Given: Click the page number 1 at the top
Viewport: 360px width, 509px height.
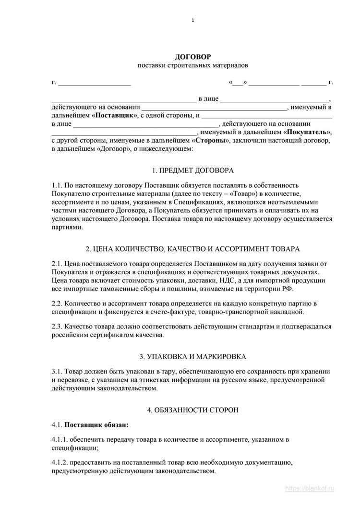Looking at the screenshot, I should (192, 20).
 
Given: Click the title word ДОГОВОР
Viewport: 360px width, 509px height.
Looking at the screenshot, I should (192, 57).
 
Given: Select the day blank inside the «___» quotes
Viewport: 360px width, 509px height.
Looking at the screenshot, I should (238, 82).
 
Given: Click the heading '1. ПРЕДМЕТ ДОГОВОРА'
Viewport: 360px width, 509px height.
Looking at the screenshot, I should (192, 170).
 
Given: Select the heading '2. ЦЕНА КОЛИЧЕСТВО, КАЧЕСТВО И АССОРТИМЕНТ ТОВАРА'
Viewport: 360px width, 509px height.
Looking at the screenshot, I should (192, 249).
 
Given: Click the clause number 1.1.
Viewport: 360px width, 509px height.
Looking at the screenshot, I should (57, 185).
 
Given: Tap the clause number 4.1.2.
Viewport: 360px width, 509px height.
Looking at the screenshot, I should (60, 462).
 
